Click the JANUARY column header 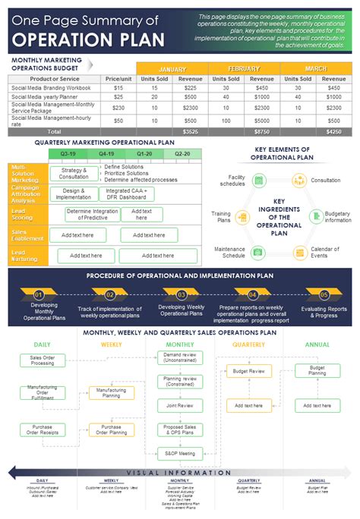pos(172,68)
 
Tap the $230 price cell pos(118,107)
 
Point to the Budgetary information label pos(338,217)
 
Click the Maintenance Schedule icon pos(258,251)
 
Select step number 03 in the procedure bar pos(182,294)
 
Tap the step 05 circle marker pos(324,294)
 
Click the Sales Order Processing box pos(43,360)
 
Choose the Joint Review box pos(180,405)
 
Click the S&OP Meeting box pos(180,453)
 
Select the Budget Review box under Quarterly pos(248,371)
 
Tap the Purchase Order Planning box pos(111,429)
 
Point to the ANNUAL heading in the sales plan pos(317,344)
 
